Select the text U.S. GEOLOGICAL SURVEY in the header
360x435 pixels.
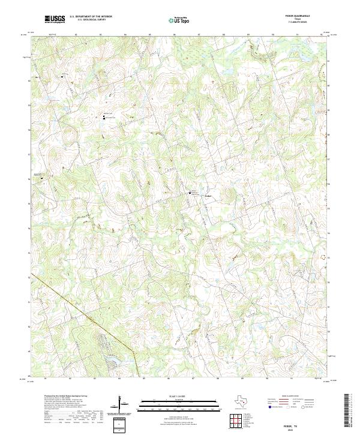pyautogui.click(x=86, y=19)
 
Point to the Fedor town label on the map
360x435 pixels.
pyautogui.click(x=208, y=194)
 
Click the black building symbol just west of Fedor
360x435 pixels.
pyautogui.click(x=191, y=193)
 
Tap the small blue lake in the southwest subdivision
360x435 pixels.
pyautogui.click(x=112, y=360)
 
